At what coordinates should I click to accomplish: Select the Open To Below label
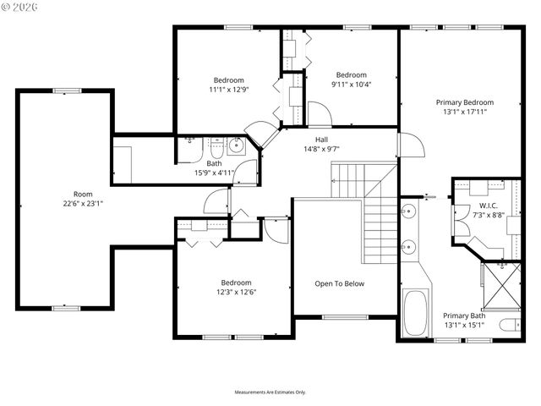pyautogui.click(x=340, y=283)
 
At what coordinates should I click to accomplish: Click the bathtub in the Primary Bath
pyautogui.click(x=415, y=314)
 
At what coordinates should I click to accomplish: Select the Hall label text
pyautogui.click(x=321, y=140)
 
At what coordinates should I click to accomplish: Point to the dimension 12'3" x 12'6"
pyautogui.click(x=237, y=293)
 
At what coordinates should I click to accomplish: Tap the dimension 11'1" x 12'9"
pyautogui.click(x=227, y=89)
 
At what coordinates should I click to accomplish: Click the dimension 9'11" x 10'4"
pyautogui.click(x=352, y=84)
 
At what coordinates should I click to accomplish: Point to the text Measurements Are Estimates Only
pyautogui.click(x=270, y=392)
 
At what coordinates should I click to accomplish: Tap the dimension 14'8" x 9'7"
pyautogui.click(x=321, y=149)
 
